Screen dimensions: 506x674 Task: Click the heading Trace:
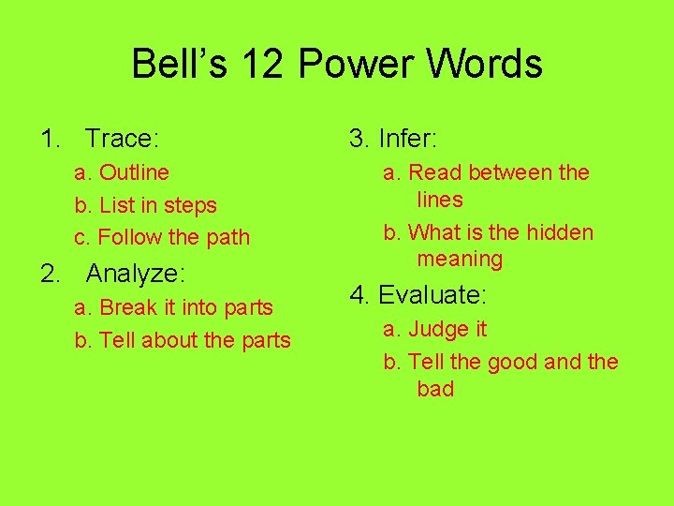tap(122, 140)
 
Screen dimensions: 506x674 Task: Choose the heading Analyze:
tap(136, 274)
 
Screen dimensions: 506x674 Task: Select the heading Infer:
tap(408, 140)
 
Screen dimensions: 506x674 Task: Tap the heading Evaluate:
tap(432, 296)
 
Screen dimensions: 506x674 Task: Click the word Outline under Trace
tap(134, 172)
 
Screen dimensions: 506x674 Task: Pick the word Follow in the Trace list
tap(130, 238)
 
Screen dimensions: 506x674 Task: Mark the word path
tap(228, 238)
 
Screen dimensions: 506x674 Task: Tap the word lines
tap(440, 200)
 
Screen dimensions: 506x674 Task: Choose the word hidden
tap(560, 232)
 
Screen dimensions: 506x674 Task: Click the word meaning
tap(460, 259)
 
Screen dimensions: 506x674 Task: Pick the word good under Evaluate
tap(513, 363)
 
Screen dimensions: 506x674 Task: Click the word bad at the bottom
tap(435, 389)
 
